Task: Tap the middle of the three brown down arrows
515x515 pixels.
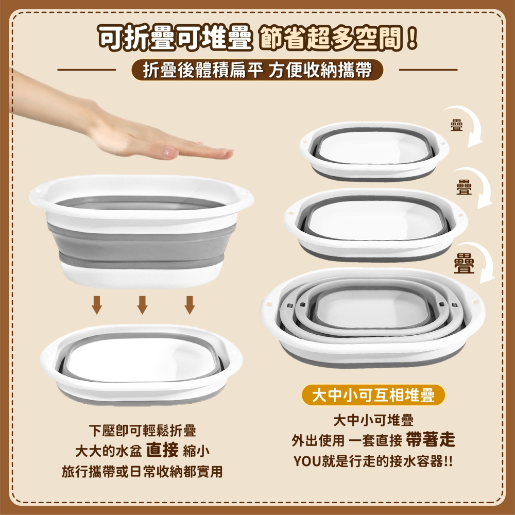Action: pos(143,305)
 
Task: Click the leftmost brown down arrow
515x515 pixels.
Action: pos(96,305)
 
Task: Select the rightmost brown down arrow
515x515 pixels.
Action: pos(190,305)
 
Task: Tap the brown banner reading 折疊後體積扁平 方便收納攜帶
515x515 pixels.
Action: pos(257,70)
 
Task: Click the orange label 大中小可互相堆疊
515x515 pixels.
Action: pos(373,395)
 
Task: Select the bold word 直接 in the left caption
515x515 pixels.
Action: pos(162,450)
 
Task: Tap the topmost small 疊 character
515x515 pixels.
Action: pos(456,126)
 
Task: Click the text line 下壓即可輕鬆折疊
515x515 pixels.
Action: pos(142,431)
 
